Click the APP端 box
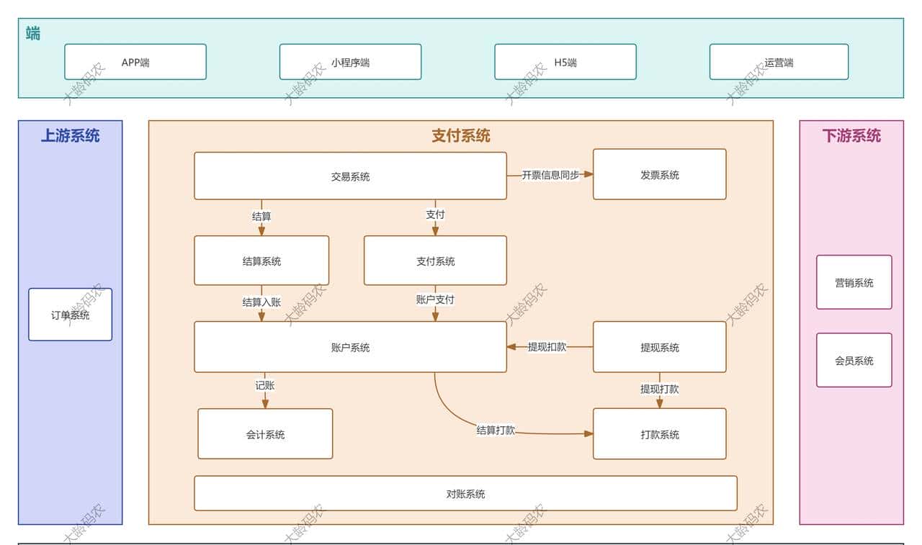pos(135,62)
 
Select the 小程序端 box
pos(350,62)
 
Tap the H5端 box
pos(565,62)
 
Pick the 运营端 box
pos(779,62)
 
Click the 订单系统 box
pos(70,315)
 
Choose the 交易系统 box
pos(350,176)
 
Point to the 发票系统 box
pos(659,174)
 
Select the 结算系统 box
pos(261,261)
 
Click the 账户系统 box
pos(350,347)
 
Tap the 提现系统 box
pos(659,347)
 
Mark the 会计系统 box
pos(265,434)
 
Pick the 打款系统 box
pos(659,434)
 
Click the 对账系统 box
pos(465,494)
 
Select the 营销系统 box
pos(854,282)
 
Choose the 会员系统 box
pos(854,360)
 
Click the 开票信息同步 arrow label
pos(550,174)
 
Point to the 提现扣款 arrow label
pos(547,346)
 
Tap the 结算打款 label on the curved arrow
pos(496,430)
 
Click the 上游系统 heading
pos(70,135)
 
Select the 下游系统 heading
pos(851,135)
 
